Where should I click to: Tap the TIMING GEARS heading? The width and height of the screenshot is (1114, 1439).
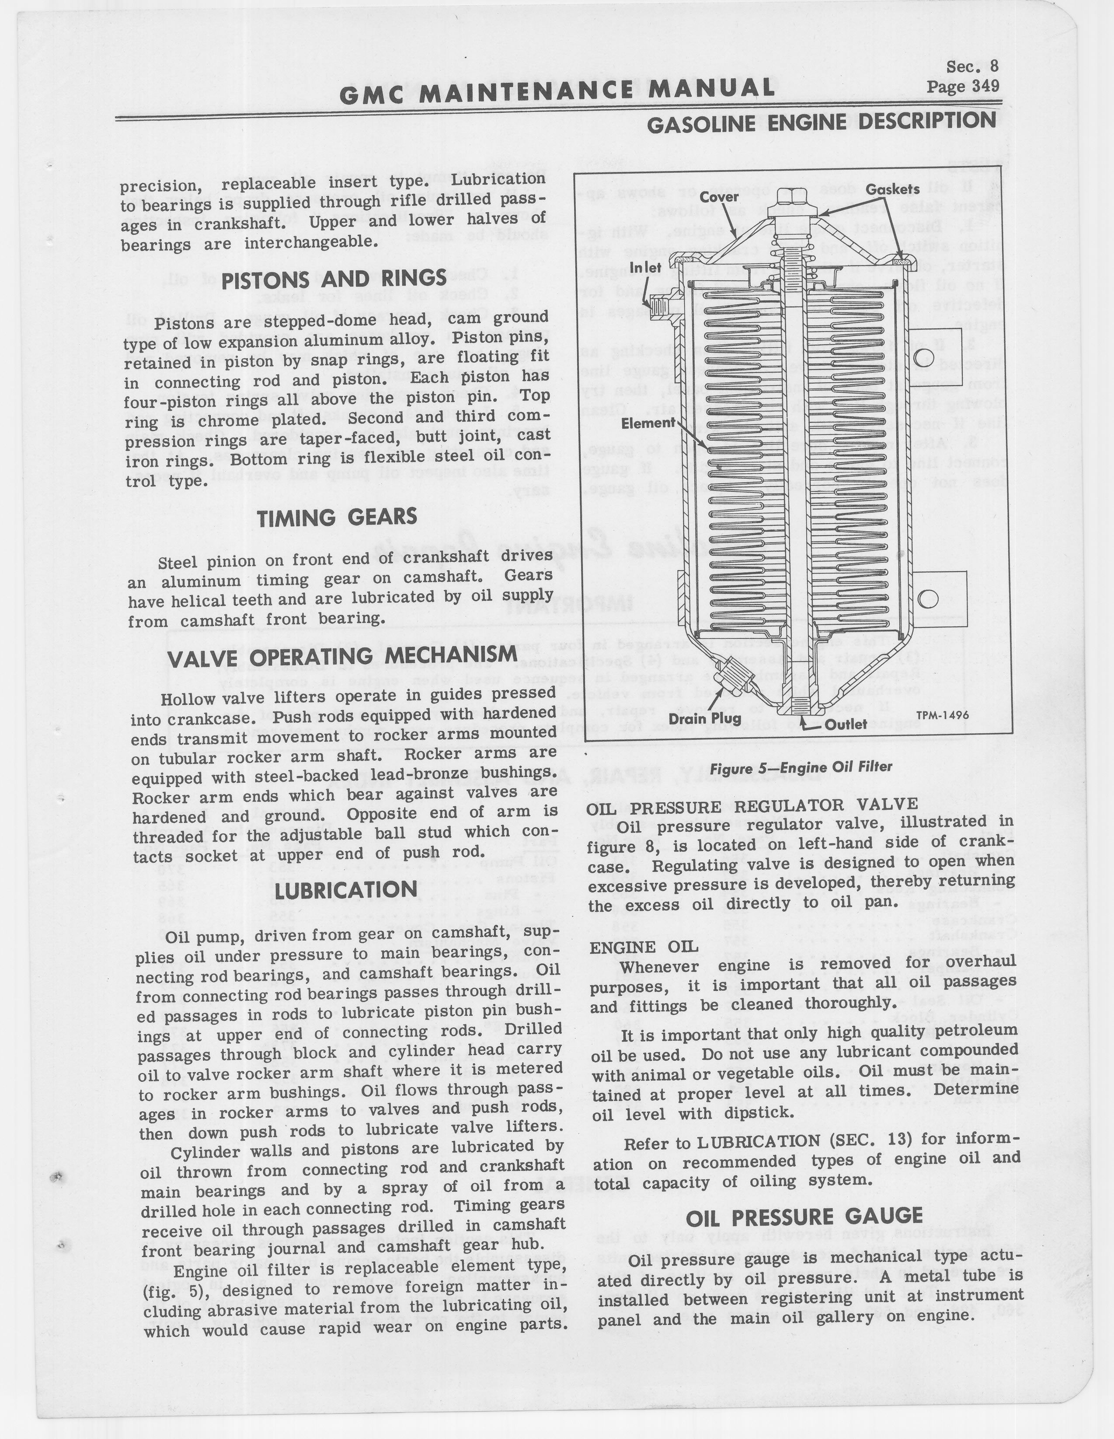[x=337, y=518]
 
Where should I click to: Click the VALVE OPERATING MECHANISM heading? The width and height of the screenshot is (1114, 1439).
[x=342, y=657]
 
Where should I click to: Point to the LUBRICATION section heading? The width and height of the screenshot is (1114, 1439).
[x=346, y=891]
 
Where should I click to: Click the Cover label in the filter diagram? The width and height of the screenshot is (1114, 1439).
[x=719, y=196]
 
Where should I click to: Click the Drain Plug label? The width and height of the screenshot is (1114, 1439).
[x=705, y=718]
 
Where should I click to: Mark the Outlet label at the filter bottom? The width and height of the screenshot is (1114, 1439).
[x=846, y=725]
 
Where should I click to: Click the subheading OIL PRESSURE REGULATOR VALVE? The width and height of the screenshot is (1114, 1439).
[x=752, y=805]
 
